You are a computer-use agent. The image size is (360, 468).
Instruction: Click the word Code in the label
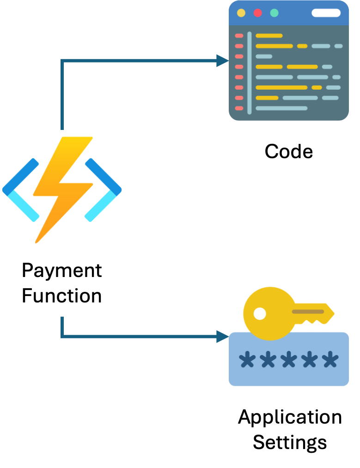(288, 151)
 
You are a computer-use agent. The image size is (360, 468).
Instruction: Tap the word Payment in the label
(61, 271)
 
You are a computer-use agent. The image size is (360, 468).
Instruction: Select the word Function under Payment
(61, 296)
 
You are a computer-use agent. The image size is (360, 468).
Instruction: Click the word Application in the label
(290, 417)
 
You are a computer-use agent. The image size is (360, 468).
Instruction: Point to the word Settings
(290, 442)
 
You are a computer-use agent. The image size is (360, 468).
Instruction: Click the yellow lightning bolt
(62, 185)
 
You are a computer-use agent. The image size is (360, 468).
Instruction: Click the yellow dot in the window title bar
(241, 12)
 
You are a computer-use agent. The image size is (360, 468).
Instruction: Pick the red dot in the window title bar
(257, 12)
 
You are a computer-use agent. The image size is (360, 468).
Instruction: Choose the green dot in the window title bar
(274, 12)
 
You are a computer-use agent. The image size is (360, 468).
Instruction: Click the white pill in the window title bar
(326, 12)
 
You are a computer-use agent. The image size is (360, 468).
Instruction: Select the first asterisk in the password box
(247, 359)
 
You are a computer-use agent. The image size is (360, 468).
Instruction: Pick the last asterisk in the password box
(330, 359)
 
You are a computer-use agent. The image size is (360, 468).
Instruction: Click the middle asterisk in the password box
(288, 359)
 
